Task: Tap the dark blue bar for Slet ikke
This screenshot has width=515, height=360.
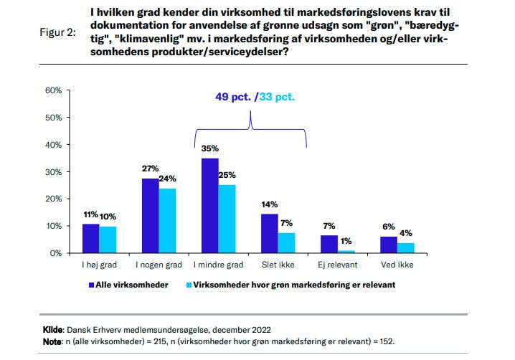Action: coord(269,234)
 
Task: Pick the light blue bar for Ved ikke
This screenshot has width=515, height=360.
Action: coord(405,248)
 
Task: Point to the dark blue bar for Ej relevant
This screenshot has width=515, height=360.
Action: coord(328,244)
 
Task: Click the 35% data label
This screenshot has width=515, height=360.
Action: coord(209,148)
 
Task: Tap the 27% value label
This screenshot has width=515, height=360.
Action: coord(150,169)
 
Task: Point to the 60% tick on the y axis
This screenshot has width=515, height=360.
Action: coord(53,90)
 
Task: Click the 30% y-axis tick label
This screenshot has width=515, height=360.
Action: coord(53,172)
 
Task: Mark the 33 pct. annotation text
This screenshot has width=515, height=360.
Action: coord(278,97)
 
